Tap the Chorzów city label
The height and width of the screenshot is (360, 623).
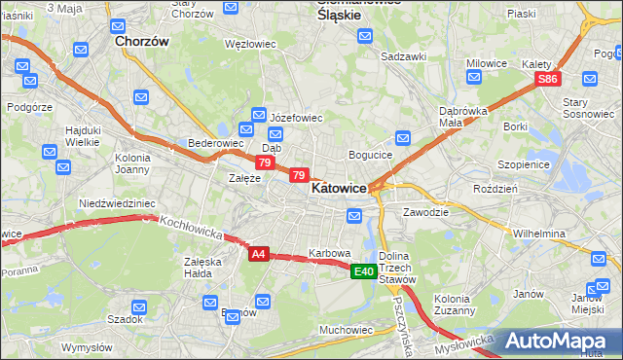(142, 42)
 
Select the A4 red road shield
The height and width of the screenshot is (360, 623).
(257, 254)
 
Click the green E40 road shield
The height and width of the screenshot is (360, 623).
(364, 271)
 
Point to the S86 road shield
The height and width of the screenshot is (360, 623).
(549, 80)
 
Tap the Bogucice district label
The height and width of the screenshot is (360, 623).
(371, 155)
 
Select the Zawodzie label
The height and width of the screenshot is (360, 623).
(425, 211)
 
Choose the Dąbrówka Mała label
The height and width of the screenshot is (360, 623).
(463, 117)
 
